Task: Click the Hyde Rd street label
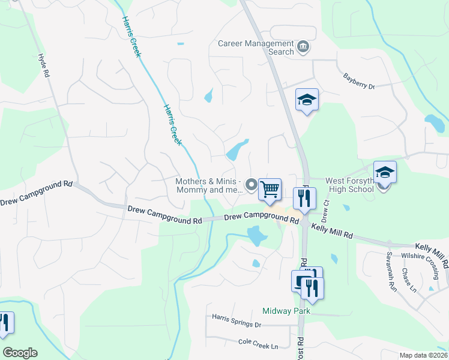coord(43,66)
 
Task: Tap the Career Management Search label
coord(256,47)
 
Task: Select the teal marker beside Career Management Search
coord(304,46)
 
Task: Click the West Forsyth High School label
coord(350,184)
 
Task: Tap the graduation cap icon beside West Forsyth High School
coord(385,173)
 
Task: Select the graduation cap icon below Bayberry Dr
coord(307,100)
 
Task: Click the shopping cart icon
coord(270,189)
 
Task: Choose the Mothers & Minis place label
coord(208,185)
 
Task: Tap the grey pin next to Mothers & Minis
coord(252,185)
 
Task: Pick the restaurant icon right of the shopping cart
coord(304,199)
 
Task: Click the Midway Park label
coord(286,311)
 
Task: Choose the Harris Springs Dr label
coord(237,325)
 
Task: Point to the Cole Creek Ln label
coord(258,346)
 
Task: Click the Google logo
coord(20,353)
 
